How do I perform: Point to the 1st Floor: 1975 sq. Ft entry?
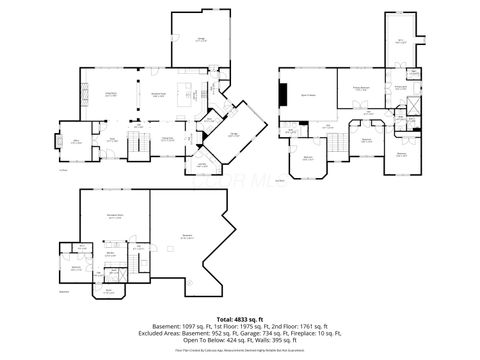(x=211, y=326)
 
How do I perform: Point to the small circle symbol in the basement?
(x=190, y=283)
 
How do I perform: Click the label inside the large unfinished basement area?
(x=188, y=237)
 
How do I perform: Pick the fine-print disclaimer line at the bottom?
(x=239, y=351)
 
